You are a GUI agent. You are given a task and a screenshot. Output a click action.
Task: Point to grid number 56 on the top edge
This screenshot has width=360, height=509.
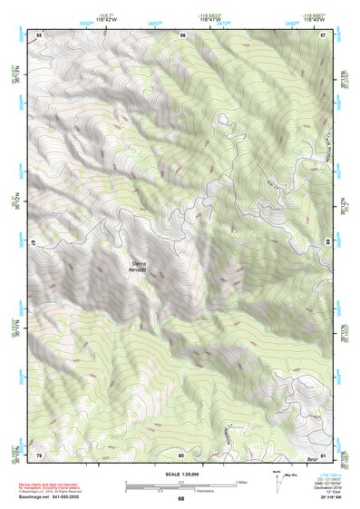182,34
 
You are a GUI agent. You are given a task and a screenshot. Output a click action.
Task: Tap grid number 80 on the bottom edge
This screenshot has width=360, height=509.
181,455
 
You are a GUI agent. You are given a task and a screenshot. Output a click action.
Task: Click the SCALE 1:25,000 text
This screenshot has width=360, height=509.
180,474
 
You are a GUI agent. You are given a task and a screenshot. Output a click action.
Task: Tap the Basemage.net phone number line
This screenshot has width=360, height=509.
57,496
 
